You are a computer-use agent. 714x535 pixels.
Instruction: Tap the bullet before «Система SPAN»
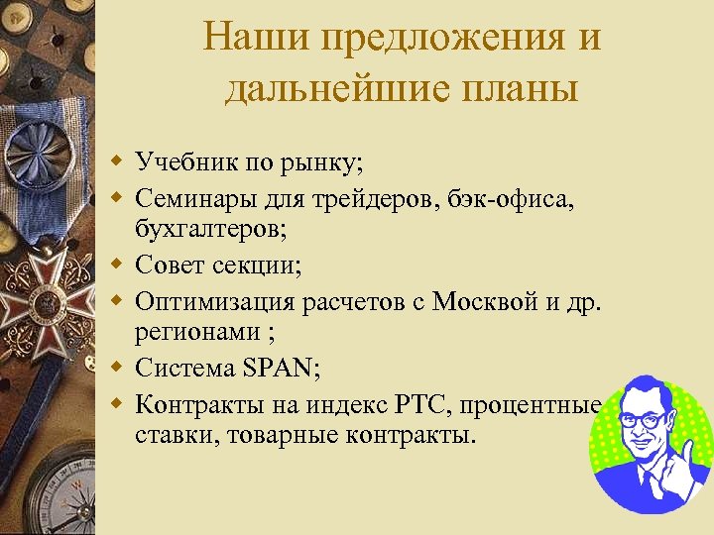coord(117,369)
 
